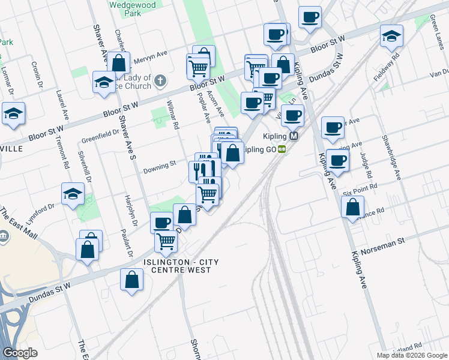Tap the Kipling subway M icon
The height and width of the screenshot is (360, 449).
(x=294, y=136)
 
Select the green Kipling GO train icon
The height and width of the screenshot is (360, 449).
(x=282, y=149)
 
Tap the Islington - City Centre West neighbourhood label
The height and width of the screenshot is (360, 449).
(x=177, y=266)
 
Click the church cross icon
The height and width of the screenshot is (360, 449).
(x=160, y=80)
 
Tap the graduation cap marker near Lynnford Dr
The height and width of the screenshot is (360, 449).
(x=73, y=193)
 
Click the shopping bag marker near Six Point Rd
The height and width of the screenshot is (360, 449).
(x=352, y=207)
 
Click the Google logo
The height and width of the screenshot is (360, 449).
(x=20, y=353)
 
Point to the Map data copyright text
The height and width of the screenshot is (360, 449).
(x=412, y=355)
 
